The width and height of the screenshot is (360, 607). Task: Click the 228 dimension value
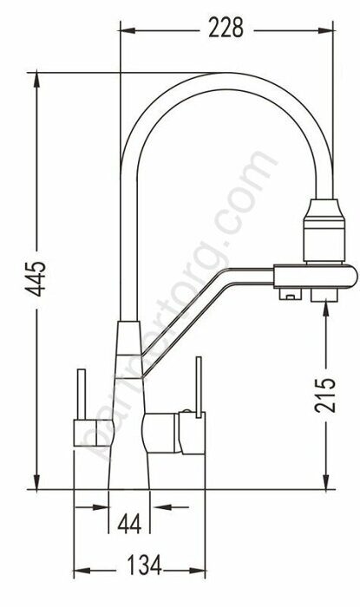tap(225, 29)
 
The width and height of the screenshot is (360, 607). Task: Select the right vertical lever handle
tap(198, 386)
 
